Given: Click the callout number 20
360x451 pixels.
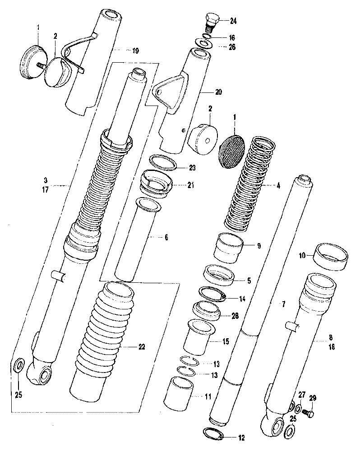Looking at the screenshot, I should point(218,92).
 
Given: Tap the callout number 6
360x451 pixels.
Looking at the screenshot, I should point(166,237).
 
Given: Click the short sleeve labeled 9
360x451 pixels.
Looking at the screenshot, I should point(228,246).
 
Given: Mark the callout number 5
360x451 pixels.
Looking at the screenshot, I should point(249,280).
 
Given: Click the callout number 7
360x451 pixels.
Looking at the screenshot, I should point(283,305).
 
